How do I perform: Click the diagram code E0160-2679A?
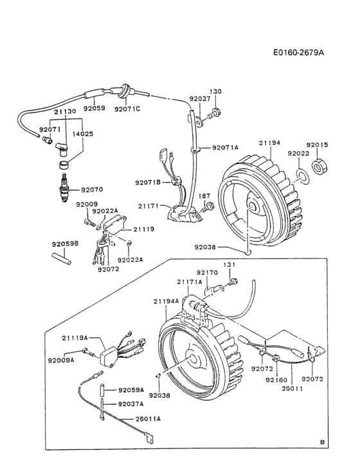[x=298, y=51]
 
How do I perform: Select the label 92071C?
[x=127, y=109]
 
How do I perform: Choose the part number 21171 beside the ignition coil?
[x=148, y=205]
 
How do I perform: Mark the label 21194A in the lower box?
[x=166, y=301]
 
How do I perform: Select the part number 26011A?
[x=148, y=419]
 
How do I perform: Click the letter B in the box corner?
[x=321, y=441]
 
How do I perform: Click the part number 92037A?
[x=130, y=404]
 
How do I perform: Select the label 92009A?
[x=61, y=360]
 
